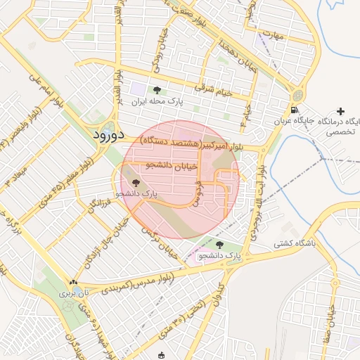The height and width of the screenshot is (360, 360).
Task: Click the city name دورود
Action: coord(108,134)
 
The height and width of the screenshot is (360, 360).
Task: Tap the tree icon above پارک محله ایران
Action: coord(156,90)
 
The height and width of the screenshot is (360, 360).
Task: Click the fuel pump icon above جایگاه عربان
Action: coord(293,110)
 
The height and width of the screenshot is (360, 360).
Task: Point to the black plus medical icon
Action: coord(341,111)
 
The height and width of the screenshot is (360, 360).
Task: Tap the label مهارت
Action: coord(269,34)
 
